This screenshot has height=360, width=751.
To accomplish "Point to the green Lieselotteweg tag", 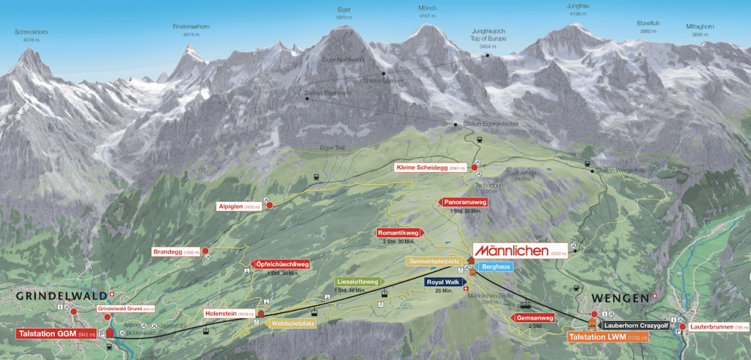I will coord(359,282).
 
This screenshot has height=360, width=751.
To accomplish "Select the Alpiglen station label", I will coord(239,206).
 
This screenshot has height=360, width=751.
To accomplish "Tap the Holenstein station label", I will coord(229,314).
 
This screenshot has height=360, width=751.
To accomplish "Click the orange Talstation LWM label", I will coord(608,337).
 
